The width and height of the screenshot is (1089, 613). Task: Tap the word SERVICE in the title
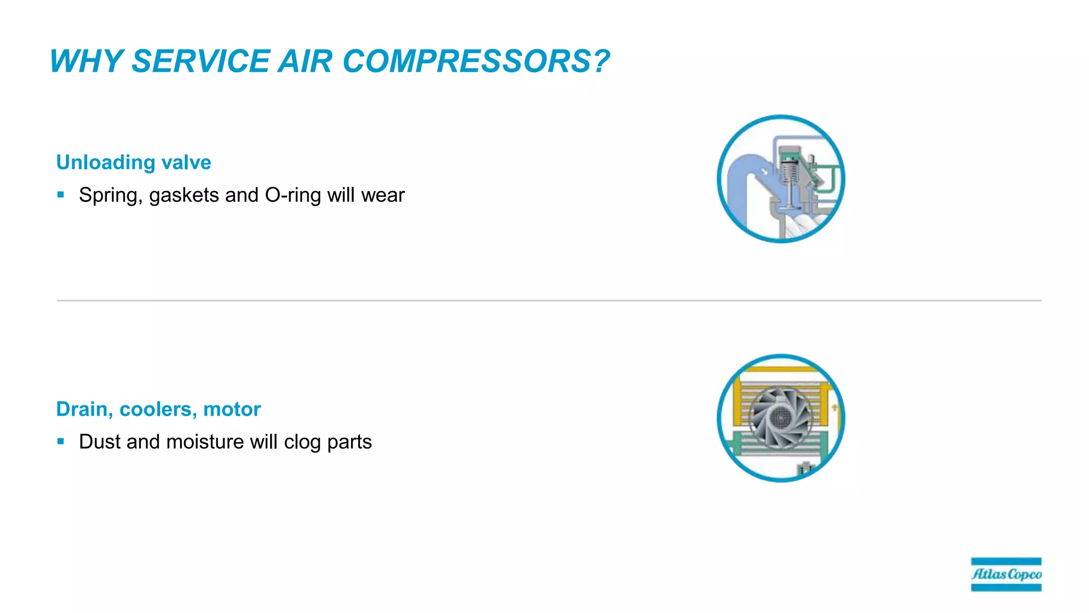point(200,61)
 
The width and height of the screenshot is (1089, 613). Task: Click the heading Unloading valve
point(133,162)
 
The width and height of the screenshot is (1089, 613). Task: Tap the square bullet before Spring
point(61,195)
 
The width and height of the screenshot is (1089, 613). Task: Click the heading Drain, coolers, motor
point(158,409)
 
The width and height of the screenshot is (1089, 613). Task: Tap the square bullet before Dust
point(61,441)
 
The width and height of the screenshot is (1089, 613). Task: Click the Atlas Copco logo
point(1006,574)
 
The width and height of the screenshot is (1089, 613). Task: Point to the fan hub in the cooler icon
point(781,418)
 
